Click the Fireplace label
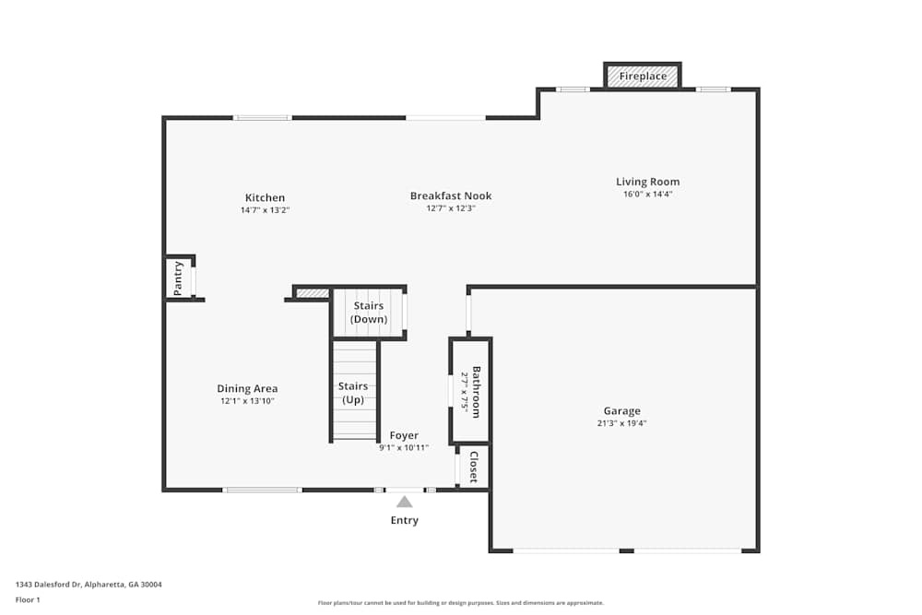coord(643,76)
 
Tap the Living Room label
coord(647,182)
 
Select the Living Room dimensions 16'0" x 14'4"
coord(647,195)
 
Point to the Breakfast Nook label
coord(451,195)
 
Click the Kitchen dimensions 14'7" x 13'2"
coord(265,210)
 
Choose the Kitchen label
coord(265,197)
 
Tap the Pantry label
coord(179,278)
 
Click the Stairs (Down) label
coord(368,313)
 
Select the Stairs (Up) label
coord(353,393)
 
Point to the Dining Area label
coord(247,388)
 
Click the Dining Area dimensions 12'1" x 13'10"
coord(247,401)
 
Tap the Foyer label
coord(404,435)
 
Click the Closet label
coord(474,467)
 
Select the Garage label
coord(621,411)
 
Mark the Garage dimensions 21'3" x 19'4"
coord(621,424)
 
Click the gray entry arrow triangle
coord(404,502)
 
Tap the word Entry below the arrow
coord(404,520)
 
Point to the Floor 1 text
coord(28,599)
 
